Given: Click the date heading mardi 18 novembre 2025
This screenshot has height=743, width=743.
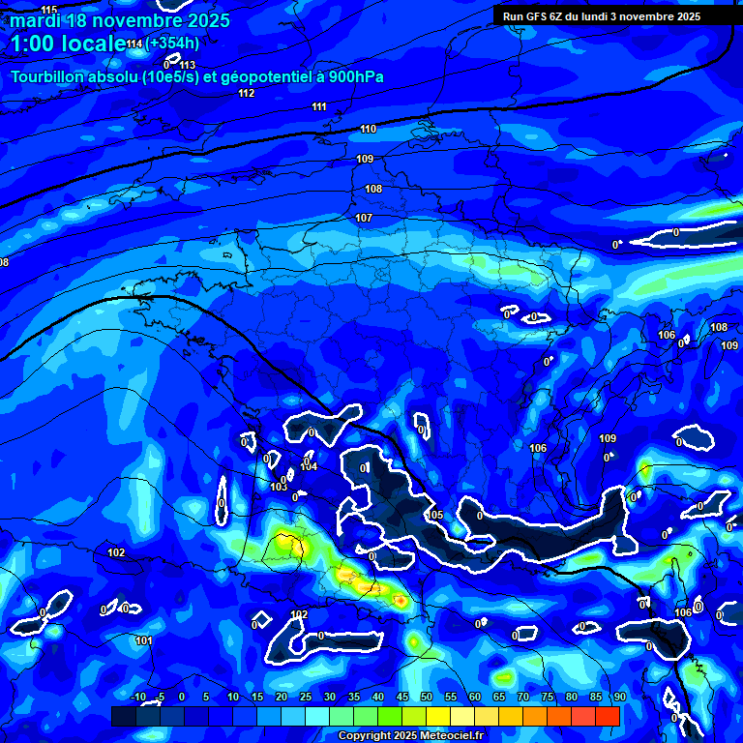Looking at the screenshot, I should click(x=120, y=20).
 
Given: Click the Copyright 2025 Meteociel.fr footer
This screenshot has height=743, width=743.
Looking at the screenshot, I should click(x=410, y=736).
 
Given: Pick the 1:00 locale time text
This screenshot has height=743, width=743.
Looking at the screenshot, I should click(x=68, y=44).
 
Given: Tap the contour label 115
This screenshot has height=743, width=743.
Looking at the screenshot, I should click(x=49, y=10).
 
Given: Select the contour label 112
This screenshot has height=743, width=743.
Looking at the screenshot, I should click(x=247, y=93).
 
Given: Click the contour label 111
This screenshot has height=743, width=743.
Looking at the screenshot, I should click(x=319, y=106).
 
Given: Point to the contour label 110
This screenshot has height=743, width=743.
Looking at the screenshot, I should click(x=368, y=129).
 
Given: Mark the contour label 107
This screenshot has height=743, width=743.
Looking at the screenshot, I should click(x=364, y=218).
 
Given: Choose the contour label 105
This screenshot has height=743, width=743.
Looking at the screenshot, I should click(x=435, y=515).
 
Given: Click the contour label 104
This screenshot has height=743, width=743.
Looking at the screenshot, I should click(x=309, y=466).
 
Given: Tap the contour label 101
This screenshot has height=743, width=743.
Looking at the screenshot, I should click(x=144, y=640).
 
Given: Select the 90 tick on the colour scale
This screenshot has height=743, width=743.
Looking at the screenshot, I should click(x=619, y=697).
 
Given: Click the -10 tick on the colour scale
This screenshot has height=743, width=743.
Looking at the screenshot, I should click(x=137, y=697).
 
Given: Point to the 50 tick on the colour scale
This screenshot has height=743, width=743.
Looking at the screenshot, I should click(x=427, y=697).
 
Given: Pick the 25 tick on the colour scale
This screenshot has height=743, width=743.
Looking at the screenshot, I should click(x=306, y=697).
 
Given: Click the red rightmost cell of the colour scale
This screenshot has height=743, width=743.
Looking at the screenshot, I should click(x=607, y=716).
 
